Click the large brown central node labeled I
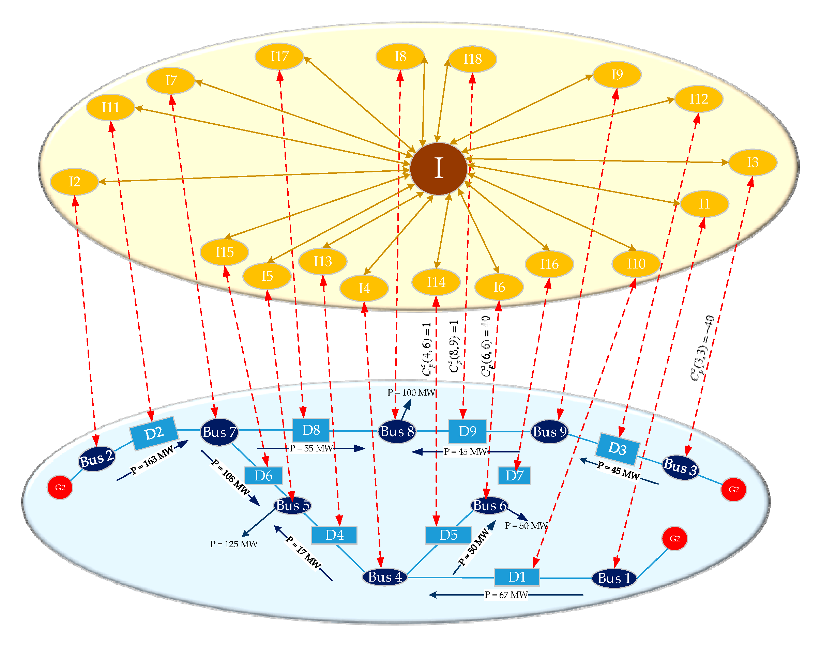click(x=438, y=169)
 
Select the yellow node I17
click(x=279, y=57)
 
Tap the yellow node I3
click(x=752, y=163)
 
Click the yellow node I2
click(x=74, y=182)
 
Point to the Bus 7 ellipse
click(x=219, y=432)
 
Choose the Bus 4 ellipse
click(x=384, y=577)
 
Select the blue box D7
click(x=514, y=475)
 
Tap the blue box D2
click(x=153, y=433)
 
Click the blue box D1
click(x=516, y=577)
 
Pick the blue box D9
click(x=467, y=431)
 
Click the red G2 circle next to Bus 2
click(x=60, y=488)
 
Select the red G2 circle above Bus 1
click(x=674, y=539)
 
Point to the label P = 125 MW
click(x=233, y=544)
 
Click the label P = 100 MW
click(x=411, y=392)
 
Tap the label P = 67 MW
click(x=506, y=595)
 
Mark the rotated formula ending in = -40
click(x=702, y=348)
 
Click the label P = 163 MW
click(x=152, y=460)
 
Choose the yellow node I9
click(x=617, y=75)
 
